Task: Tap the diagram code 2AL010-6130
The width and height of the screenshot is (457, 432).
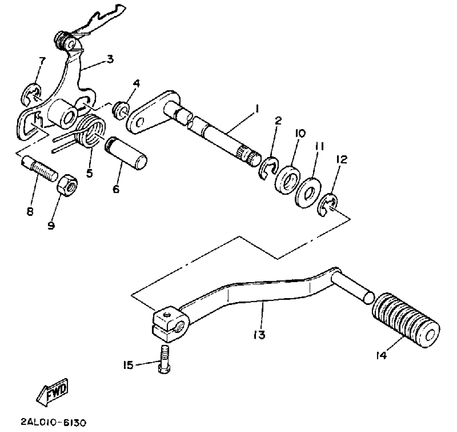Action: click(x=53, y=423)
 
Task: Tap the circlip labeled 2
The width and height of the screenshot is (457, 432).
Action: click(x=269, y=169)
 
